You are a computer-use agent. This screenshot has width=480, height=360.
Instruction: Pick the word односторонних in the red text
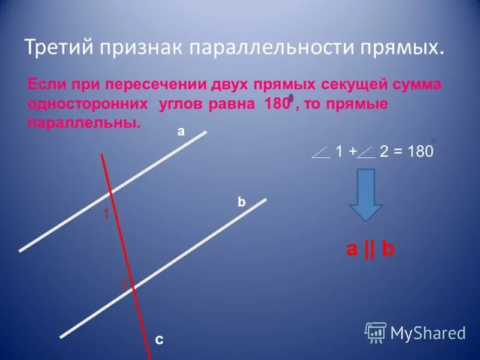(x=88, y=104)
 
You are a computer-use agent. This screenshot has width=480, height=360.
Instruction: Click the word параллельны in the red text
(x=83, y=124)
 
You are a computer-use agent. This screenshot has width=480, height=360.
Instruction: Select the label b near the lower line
(x=241, y=203)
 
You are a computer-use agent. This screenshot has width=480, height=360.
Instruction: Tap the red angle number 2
(x=124, y=286)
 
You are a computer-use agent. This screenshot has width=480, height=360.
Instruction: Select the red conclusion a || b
(x=370, y=250)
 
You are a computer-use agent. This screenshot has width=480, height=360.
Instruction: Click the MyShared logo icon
(x=376, y=332)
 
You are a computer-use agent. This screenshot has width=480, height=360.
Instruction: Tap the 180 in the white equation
(x=419, y=152)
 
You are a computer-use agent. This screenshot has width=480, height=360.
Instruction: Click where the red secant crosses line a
(x=111, y=194)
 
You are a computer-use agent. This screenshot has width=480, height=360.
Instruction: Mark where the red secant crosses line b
(x=133, y=286)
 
